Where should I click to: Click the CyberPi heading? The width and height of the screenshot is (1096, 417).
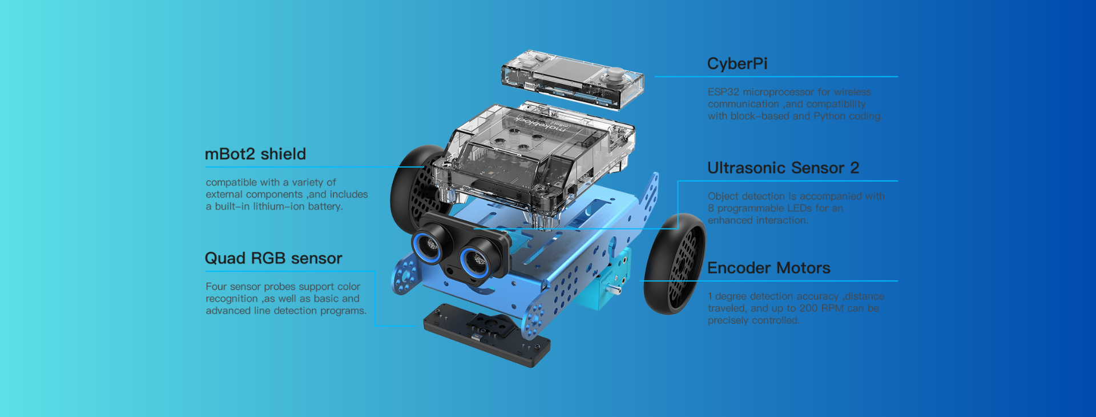pos(737,63)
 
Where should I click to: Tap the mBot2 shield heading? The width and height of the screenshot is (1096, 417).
pos(255,154)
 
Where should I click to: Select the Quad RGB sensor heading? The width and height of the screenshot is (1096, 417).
pos(273,258)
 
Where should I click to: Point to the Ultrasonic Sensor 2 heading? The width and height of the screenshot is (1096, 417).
pos(783,167)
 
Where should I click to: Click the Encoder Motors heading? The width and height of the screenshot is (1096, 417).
pos(769,268)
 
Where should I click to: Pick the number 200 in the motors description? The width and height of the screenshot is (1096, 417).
pos(808,308)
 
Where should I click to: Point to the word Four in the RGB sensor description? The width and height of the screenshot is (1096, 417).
pos(216,287)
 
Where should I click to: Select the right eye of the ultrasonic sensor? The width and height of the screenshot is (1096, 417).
pos(476,262)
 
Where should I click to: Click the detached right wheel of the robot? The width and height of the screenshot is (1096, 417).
pos(675,263)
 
